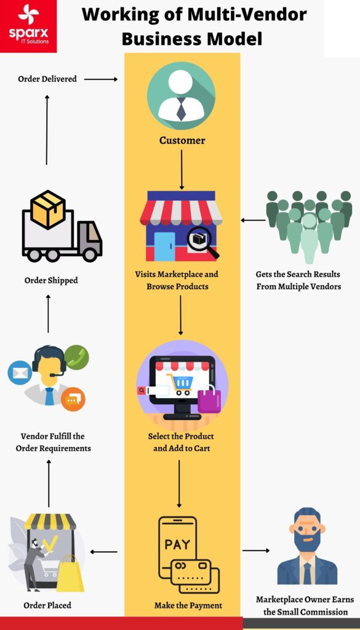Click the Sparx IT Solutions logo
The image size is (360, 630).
coord(28,26)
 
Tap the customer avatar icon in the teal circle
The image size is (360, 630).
coord(181,95)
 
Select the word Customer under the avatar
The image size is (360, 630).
coord(182,140)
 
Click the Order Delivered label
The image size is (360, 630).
coord(47,79)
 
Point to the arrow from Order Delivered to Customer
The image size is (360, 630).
coord(100,79)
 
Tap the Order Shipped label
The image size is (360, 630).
coord(51,281)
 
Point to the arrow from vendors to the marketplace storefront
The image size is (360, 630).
coord(253,220)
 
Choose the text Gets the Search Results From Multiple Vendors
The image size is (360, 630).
coord(298,280)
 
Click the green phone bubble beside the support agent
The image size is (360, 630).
coord(77,357)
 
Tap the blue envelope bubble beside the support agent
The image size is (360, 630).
coord(19,373)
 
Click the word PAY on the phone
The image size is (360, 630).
coord(177,544)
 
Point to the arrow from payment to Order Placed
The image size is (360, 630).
coord(104,552)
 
